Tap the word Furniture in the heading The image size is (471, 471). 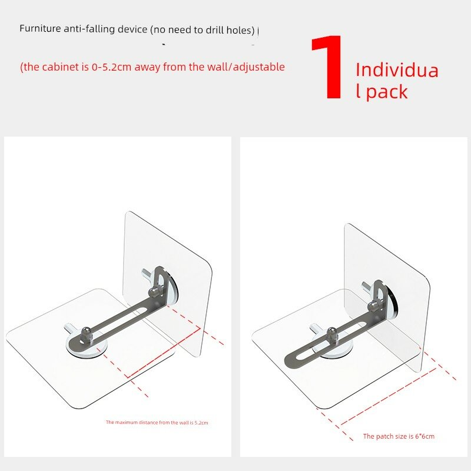tap(40, 28)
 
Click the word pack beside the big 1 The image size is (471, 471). tap(387, 91)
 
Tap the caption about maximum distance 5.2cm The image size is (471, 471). tap(157, 422)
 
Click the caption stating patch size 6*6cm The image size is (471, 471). tap(399, 436)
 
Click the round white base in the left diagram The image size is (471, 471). tap(87, 349)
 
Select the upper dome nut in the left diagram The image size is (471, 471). tap(154, 291)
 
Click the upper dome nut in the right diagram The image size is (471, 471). tap(373, 306)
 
